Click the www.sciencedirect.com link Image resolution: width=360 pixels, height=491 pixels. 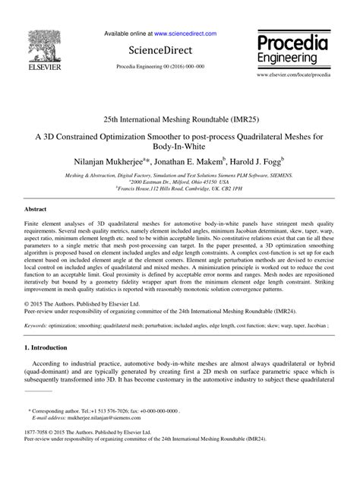coord(185,34)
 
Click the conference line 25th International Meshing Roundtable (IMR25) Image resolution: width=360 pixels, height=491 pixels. coord(180,120)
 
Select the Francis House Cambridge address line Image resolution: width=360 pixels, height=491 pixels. coord(180,188)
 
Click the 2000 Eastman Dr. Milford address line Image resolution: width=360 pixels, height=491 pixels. coord(180,182)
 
